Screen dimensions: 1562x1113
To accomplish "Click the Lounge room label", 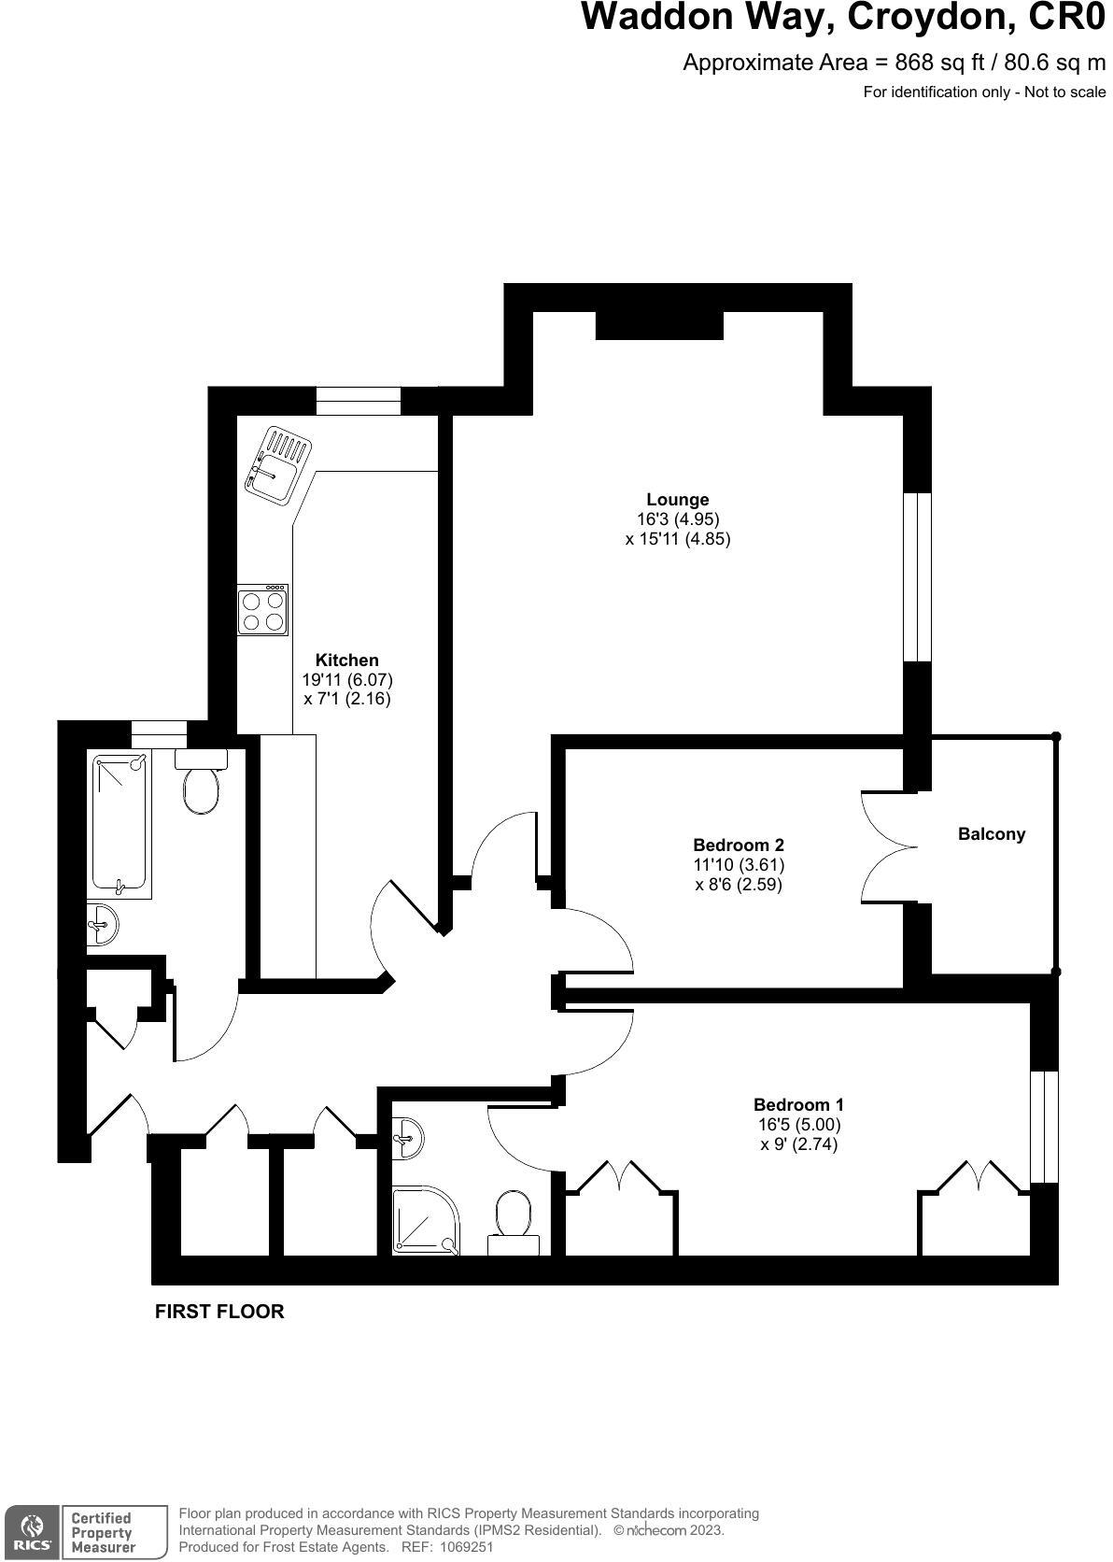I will (678, 500).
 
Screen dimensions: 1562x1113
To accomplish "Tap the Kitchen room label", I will (347, 660).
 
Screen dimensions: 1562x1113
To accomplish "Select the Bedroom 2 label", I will (738, 845).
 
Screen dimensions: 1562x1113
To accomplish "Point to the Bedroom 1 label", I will (798, 1105).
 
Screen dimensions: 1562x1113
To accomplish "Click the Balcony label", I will (992, 834).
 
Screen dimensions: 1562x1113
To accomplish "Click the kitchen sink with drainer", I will (275, 464).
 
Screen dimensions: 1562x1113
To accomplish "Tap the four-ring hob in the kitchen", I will (262, 610).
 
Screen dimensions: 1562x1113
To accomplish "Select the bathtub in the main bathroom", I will (120, 826).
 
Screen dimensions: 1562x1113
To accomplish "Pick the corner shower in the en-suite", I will (424, 1219).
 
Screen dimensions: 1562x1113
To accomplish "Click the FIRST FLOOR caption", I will (219, 1312).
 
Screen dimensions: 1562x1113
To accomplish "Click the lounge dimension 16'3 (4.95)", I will (678, 519).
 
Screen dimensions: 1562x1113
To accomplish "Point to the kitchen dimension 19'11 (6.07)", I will (347, 680).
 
